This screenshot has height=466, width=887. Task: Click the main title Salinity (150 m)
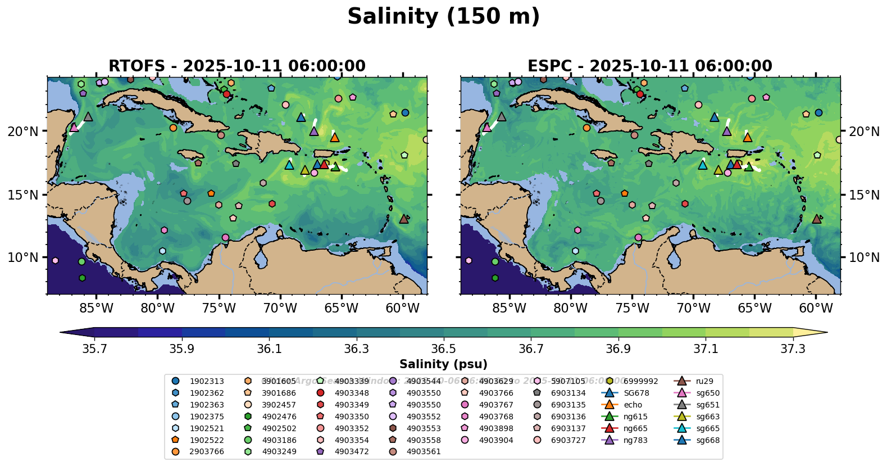pyautogui.click(x=443, y=17)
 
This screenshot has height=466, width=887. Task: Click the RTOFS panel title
pyautogui.click(x=236, y=66)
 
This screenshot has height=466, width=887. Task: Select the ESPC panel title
pyautogui.click(x=649, y=66)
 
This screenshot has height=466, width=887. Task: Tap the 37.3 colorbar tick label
pyautogui.click(x=793, y=349)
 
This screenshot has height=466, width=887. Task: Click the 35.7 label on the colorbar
pyautogui.click(x=94, y=349)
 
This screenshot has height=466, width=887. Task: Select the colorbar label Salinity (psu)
pyautogui.click(x=443, y=364)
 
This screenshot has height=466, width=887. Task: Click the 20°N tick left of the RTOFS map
pyautogui.click(x=23, y=132)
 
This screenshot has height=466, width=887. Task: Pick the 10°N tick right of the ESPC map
pyautogui.click(x=864, y=257)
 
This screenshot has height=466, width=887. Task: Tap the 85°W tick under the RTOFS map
pyautogui.click(x=96, y=308)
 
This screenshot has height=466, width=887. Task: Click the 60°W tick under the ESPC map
pyautogui.click(x=816, y=308)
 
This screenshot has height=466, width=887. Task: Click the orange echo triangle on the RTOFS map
pyautogui.click(x=335, y=137)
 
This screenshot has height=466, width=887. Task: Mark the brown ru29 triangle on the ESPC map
pyautogui.click(x=817, y=219)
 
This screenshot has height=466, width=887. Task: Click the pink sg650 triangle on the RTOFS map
pyautogui.click(x=74, y=128)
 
